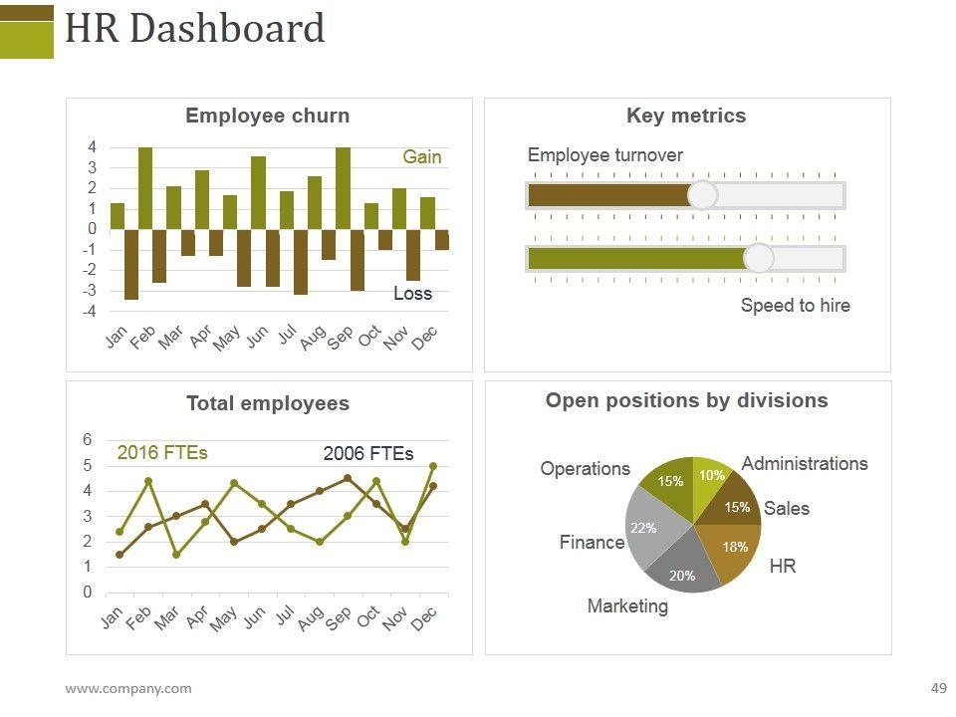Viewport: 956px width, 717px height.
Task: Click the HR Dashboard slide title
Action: [194, 29]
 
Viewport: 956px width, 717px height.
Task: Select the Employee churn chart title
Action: [268, 116]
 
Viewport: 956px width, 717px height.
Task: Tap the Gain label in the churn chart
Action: [421, 157]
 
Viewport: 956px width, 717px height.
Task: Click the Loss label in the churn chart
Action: [412, 294]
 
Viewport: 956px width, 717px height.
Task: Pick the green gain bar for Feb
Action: [145, 187]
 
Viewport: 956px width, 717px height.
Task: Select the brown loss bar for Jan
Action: [131, 264]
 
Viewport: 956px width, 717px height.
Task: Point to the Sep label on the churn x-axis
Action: [341, 339]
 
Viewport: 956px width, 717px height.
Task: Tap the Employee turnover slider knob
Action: [703, 195]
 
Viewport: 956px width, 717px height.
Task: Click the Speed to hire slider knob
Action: [759, 259]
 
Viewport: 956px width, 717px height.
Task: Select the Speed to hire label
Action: [795, 306]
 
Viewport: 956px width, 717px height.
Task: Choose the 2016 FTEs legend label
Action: [162, 453]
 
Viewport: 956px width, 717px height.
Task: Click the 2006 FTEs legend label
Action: [368, 454]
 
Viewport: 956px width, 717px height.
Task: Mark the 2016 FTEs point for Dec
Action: [433, 466]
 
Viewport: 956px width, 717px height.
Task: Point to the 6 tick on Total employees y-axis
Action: [88, 440]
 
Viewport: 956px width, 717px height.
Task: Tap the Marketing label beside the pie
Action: [627, 605]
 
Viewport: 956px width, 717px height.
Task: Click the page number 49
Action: [938, 688]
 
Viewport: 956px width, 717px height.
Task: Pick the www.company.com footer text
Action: [128, 688]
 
